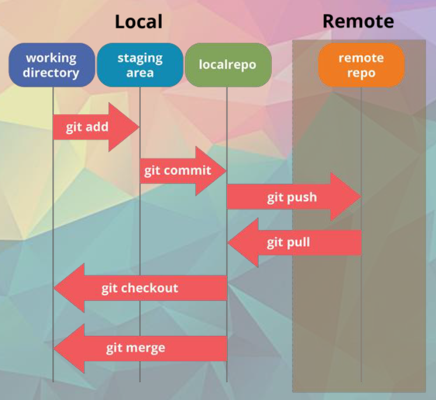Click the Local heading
[x=139, y=22]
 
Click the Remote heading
[x=358, y=21]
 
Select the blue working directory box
[x=52, y=65]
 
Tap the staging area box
[x=140, y=65]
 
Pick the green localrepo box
[x=228, y=65]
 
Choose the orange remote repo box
[x=361, y=65]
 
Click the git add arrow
[x=96, y=127]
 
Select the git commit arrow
[x=183, y=171]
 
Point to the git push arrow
[x=294, y=197]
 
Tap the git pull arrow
[x=294, y=243]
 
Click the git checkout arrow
[x=140, y=288]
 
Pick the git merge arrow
[x=140, y=348]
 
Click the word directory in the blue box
[x=51, y=73]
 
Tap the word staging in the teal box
[x=140, y=59]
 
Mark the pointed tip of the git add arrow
[x=139, y=127]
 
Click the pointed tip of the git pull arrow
[x=228, y=243]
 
